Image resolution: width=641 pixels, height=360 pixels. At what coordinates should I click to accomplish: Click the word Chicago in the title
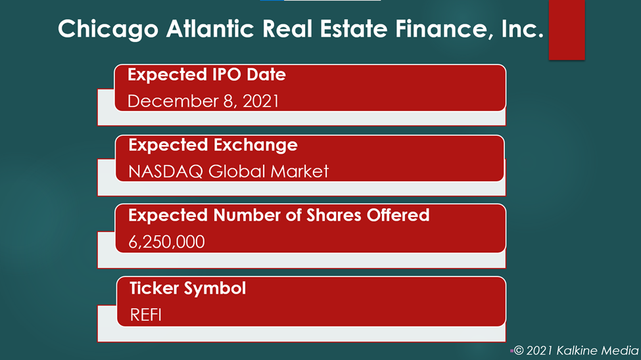click(x=108, y=30)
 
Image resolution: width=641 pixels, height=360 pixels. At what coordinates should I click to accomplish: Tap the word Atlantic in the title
click(x=210, y=29)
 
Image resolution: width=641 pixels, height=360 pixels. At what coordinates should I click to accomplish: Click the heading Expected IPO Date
click(x=206, y=75)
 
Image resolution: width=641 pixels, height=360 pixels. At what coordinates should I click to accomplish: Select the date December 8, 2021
click(x=203, y=101)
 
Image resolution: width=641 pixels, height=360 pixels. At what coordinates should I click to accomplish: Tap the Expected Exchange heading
click(x=213, y=145)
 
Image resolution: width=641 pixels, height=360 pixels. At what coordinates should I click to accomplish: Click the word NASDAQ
click(x=166, y=171)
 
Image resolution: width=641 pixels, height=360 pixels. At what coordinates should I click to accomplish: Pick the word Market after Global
click(x=300, y=171)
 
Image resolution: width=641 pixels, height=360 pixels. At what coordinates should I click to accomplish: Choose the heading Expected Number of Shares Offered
click(x=279, y=215)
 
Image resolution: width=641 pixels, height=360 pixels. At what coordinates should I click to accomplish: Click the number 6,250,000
click(x=166, y=242)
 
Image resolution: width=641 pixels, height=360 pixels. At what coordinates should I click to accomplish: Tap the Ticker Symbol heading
click(x=187, y=288)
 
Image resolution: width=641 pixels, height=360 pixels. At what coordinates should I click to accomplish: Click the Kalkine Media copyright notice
click(x=576, y=351)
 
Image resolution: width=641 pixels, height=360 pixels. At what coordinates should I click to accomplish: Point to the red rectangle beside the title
click(x=567, y=30)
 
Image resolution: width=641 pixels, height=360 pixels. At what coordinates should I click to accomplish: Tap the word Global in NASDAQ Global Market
click(x=237, y=171)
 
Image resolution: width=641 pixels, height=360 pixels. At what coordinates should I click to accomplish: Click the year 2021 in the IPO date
click(x=261, y=101)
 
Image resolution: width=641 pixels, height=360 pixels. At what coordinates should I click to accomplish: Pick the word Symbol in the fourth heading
click(x=214, y=289)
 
